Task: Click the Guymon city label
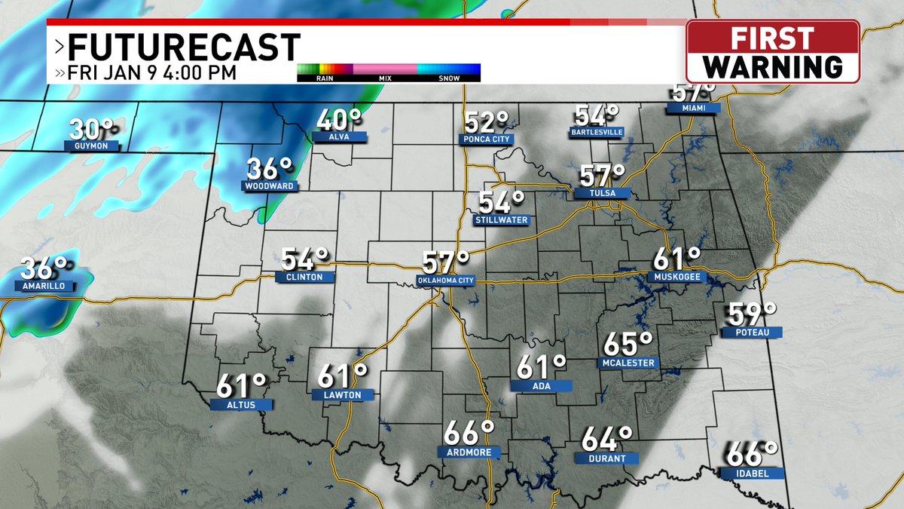pos(91,145)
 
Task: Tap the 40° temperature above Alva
pos(338,120)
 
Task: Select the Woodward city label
pos(268,186)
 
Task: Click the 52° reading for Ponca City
pos(487,121)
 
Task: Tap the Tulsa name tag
pos(603,194)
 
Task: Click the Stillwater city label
pos(501,220)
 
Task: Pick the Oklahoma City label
pos(445,281)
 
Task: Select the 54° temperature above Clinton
pos(304,259)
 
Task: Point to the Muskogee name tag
pos(677,277)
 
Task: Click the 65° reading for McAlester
pos(628,344)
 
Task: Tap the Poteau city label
pos(750,332)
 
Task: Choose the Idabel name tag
pos(750,474)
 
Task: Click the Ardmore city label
pos(469,452)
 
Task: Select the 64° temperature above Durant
pos(606,437)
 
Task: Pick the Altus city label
pos(243,405)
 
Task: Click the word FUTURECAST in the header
pos(184,48)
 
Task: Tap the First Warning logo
pos(773,51)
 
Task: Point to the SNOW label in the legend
pos(449,78)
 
